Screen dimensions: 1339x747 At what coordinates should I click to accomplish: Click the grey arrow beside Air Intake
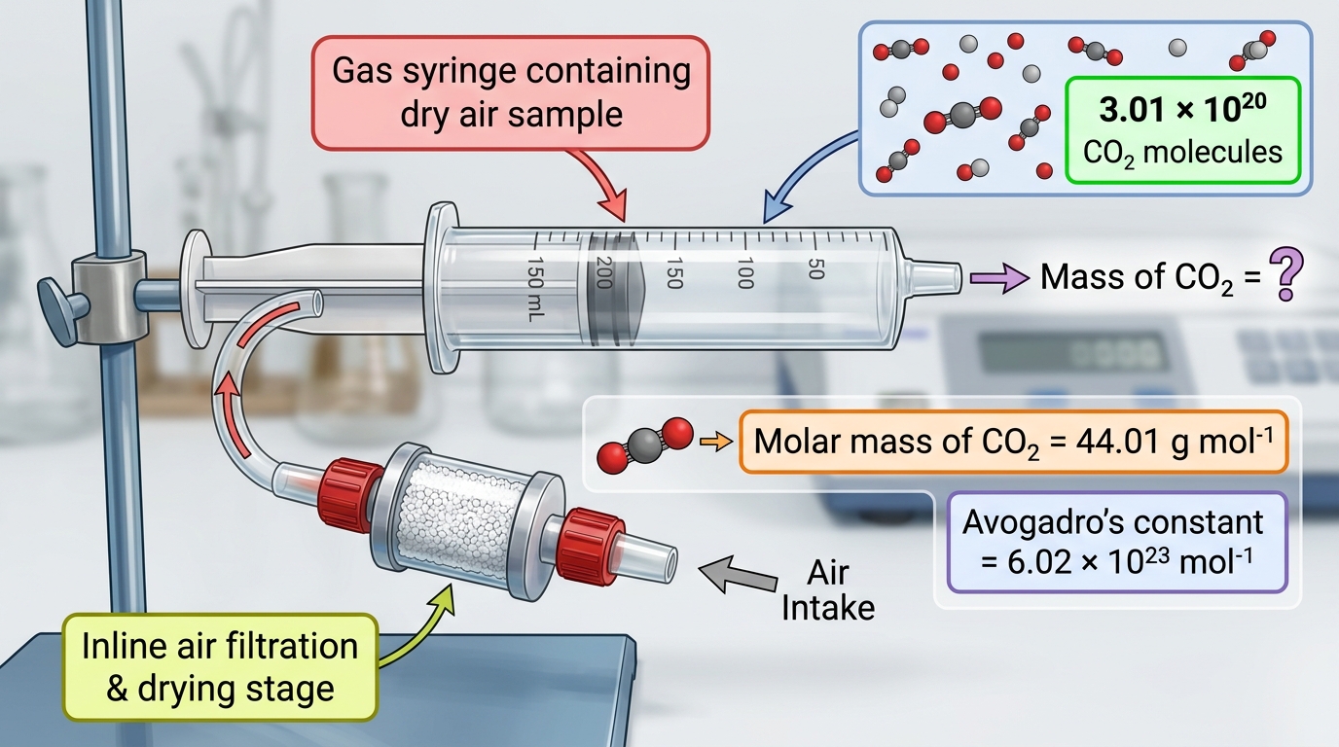click(738, 574)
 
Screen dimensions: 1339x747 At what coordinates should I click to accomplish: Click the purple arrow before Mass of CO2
click(998, 278)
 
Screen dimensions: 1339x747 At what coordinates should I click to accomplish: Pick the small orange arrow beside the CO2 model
click(716, 443)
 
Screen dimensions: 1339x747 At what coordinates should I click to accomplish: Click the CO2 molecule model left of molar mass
click(645, 445)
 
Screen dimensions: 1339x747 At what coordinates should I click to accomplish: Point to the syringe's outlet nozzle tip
click(959, 278)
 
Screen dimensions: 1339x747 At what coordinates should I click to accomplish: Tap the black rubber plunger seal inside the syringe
click(613, 289)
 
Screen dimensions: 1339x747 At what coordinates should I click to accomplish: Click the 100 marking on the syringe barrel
click(745, 273)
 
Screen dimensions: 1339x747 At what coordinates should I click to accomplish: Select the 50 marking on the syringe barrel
click(815, 268)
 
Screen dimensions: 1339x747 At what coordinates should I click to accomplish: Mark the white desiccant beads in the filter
click(456, 521)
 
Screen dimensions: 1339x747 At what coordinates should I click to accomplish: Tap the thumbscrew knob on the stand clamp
click(60, 310)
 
